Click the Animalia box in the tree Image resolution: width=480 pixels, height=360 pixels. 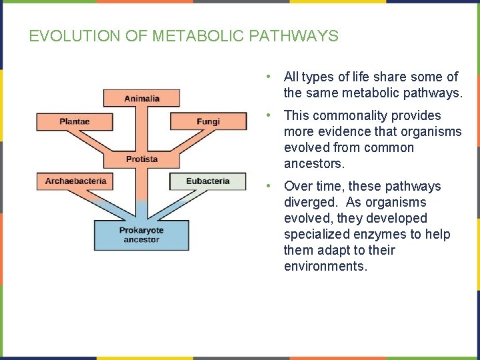point(141,98)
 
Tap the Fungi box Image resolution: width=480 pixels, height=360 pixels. point(208,121)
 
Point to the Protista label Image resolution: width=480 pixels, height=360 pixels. point(142,159)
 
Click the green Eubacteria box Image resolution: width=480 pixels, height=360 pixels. point(207,181)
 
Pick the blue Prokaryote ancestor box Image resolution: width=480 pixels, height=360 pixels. point(141,235)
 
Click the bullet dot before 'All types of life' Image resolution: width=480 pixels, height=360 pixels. point(267,77)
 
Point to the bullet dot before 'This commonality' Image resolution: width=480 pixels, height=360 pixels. point(267,116)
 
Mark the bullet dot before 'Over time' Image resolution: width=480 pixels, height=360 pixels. point(267,187)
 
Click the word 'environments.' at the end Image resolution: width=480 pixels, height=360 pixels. point(325,266)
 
